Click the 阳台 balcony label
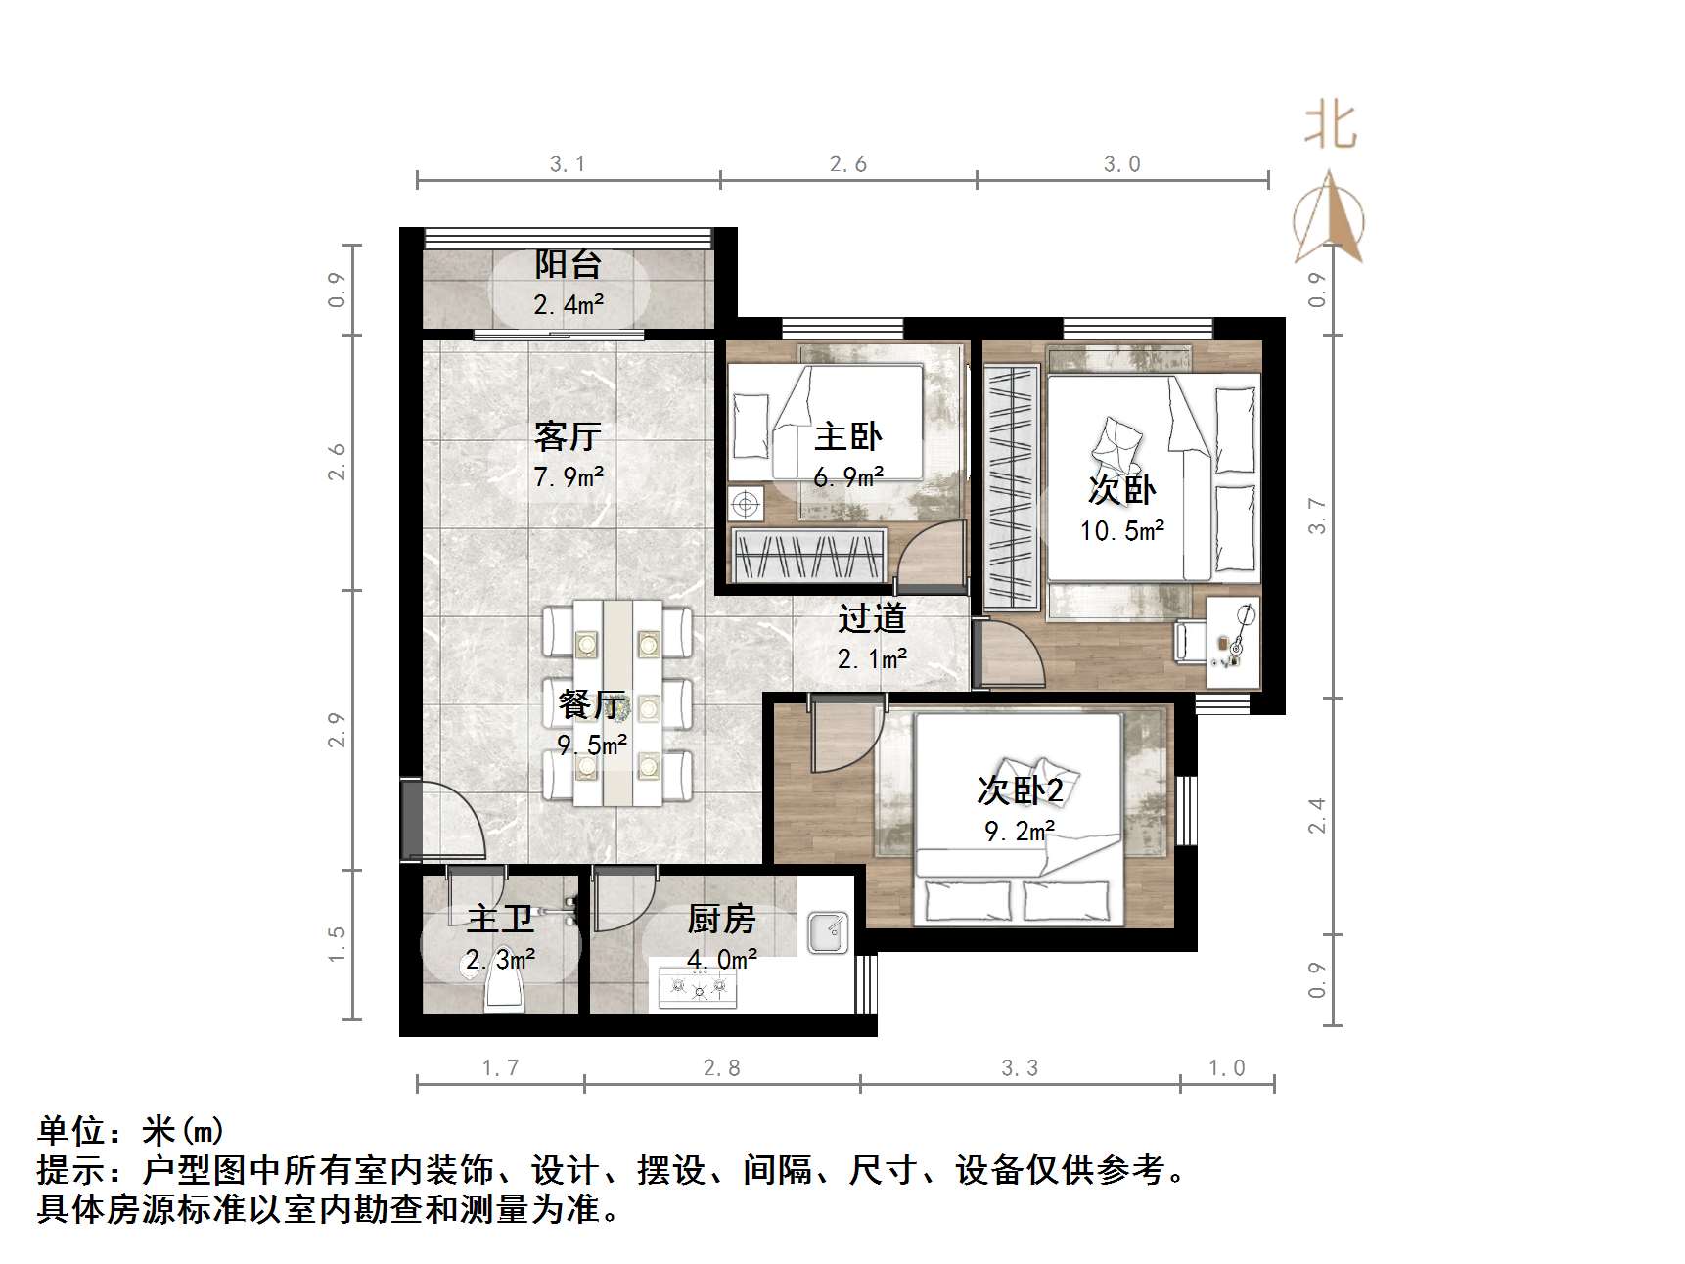tap(568, 264)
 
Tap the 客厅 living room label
tap(568, 436)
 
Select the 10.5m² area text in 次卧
tap(1121, 531)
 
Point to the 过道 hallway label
tap(872, 618)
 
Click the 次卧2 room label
tap(1020, 790)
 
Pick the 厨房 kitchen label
tap(721, 920)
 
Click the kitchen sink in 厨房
tap(828, 932)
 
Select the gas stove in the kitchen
tap(698, 990)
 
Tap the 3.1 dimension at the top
tap(568, 164)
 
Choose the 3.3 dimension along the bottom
tap(1020, 1068)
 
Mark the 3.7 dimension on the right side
tap(1318, 516)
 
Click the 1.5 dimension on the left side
tap(337, 944)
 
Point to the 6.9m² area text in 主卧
tap(848, 478)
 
